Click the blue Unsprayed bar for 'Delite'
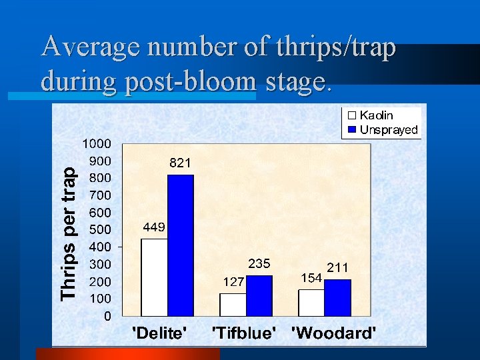(180, 245)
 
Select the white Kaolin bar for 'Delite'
(154, 277)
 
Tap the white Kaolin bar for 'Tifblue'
(233, 304)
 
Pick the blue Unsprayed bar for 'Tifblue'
(259, 295)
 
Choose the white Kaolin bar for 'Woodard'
(311, 302)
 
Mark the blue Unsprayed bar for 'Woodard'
(337, 297)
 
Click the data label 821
(180, 163)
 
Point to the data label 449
(154, 227)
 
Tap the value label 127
(233, 282)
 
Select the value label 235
(259, 263)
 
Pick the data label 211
(337, 268)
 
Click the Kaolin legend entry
(375, 116)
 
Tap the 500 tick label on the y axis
(100, 230)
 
